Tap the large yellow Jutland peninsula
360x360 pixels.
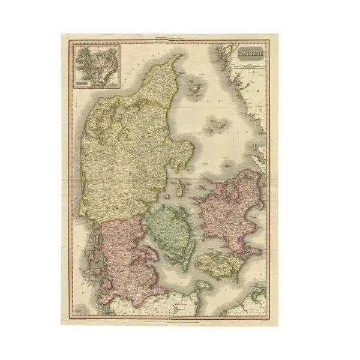coord(120,150)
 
